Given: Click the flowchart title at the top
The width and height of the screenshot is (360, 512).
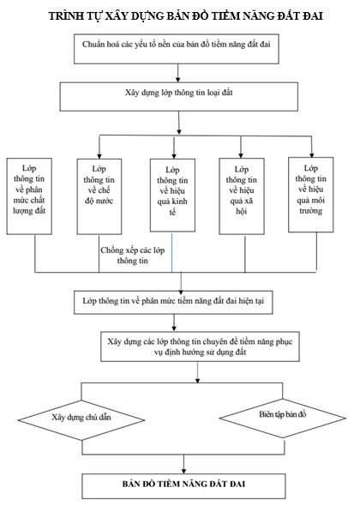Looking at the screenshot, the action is coord(186,15).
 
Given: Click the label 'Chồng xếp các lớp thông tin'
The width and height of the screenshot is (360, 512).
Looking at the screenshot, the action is coord(133,256).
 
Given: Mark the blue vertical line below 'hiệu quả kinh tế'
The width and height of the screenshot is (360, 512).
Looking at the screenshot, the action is coord(172,252).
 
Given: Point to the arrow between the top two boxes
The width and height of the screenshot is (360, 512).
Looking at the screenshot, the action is coord(178,73).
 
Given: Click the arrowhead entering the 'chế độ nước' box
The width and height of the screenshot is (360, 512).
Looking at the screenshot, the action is coord(99,156).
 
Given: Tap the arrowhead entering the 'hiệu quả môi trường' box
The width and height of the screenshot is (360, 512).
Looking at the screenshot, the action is coord(312,154).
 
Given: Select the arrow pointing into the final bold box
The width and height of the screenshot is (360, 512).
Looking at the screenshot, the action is coord(183,464).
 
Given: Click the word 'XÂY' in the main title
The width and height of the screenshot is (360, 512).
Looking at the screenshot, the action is coord(117,16).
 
